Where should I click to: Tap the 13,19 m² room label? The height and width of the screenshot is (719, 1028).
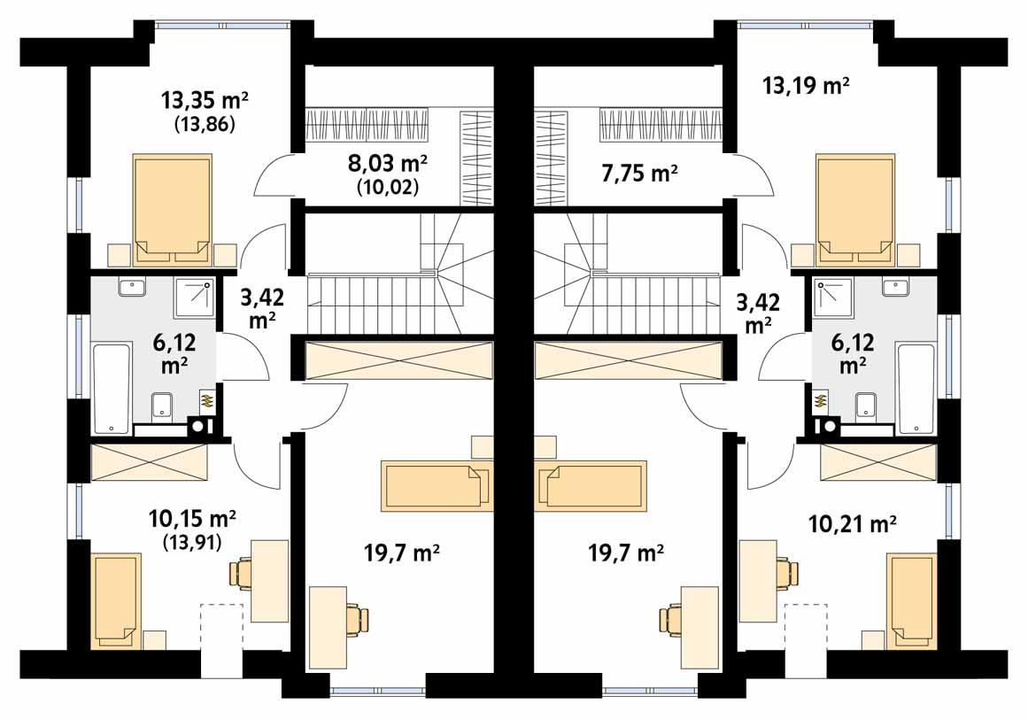[806, 86]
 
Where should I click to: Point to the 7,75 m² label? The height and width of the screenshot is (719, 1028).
[633, 173]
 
